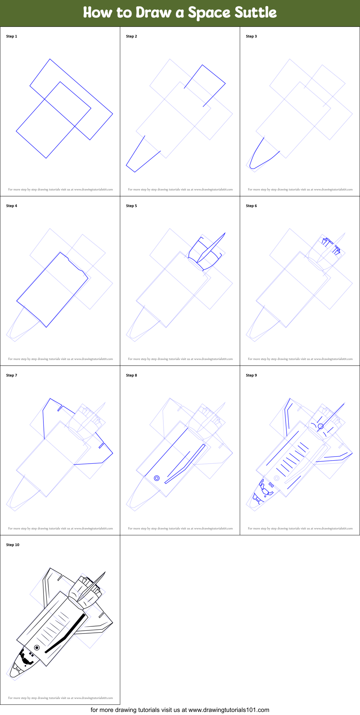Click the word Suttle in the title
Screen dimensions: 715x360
(x=255, y=13)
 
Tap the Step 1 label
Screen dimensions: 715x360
(x=12, y=36)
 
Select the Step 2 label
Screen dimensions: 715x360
(x=131, y=36)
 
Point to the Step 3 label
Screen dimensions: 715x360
(x=251, y=36)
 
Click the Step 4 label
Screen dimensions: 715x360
(x=12, y=206)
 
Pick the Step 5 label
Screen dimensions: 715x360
(x=131, y=206)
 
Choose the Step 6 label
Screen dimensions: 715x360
(x=251, y=206)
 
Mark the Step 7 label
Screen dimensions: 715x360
(x=12, y=375)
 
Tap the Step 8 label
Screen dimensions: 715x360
(x=131, y=375)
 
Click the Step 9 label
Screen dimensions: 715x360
(x=251, y=375)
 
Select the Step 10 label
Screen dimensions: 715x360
(x=13, y=545)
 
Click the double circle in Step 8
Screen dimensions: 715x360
(x=157, y=478)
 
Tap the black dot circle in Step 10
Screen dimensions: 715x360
(x=37, y=648)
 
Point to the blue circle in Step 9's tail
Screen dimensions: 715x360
(x=320, y=426)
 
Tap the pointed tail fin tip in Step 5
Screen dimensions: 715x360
(x=225, y=233)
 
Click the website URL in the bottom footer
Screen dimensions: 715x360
(x=229, y=710)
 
